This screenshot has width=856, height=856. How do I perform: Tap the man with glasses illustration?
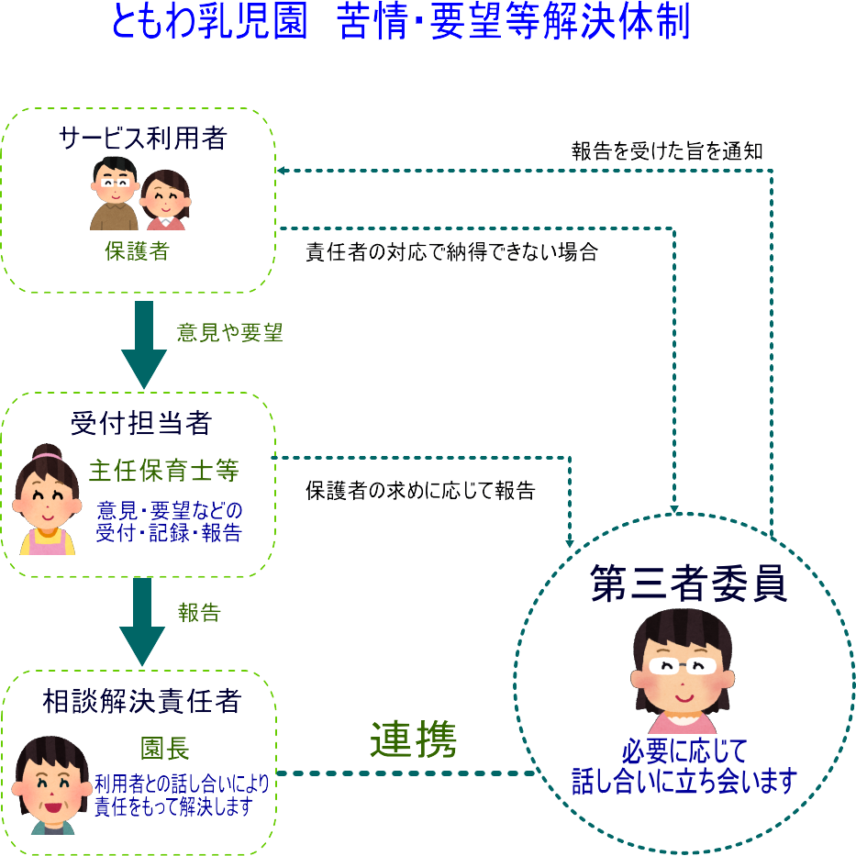(115, 194)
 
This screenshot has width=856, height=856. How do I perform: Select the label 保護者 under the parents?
(138, 251)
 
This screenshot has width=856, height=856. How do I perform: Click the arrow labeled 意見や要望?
(143, 343)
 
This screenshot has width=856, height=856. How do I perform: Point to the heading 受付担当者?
(141, 423)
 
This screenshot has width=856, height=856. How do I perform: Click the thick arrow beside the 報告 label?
(143, 620)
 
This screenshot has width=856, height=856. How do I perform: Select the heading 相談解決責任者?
(142, 702)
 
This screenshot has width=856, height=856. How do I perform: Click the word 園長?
(165, 748)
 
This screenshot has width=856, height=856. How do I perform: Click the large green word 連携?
(413, 739)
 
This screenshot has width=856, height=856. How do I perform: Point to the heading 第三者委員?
(689, 584)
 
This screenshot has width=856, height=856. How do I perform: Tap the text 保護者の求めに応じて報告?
(420, 490)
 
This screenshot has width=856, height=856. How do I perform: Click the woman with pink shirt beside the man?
(166, 200)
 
